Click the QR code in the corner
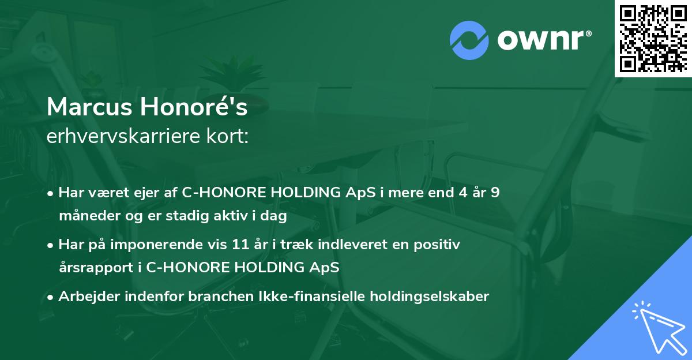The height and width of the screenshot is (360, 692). pos(653,38)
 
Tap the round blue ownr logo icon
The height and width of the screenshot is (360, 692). pos(469,40)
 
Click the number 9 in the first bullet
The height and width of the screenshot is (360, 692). pos(495,193)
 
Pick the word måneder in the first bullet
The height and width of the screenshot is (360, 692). pos(86,216)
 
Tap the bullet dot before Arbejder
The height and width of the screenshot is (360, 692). pos(51,297)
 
